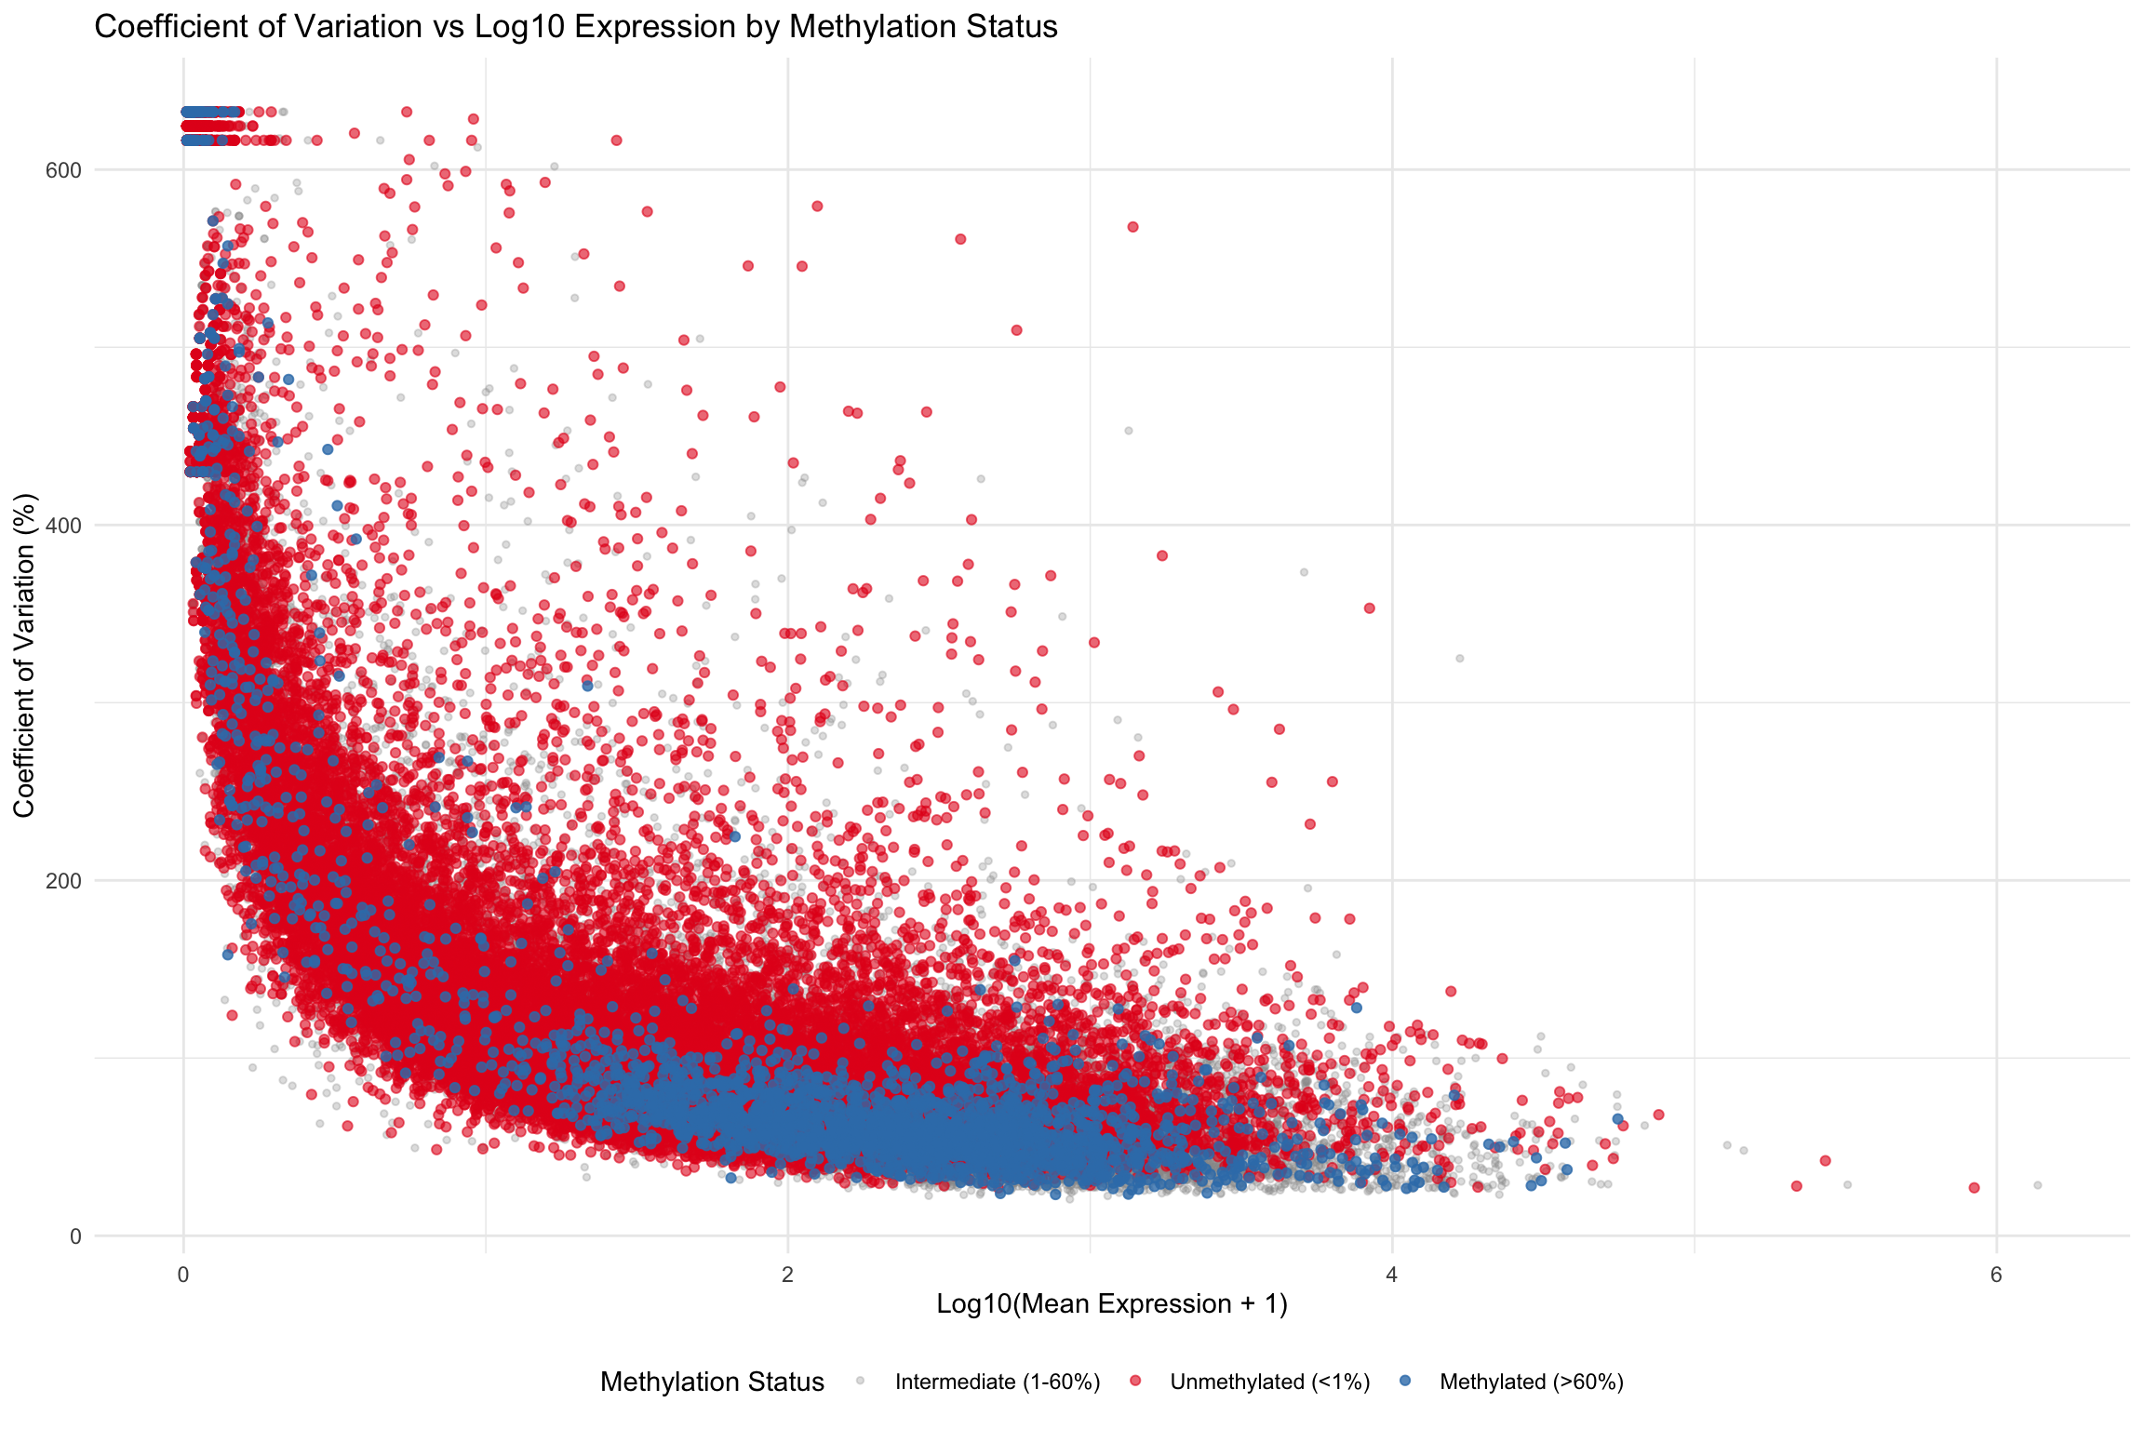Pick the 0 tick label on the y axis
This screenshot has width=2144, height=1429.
(x=75, y=1236)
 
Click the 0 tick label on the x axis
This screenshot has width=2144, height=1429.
(x=183, y=1275)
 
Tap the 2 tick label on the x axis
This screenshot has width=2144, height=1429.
(x=787, y=1275)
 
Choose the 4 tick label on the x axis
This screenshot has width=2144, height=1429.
(x=1392, y=1275)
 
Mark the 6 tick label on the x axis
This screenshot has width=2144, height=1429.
(x=1996, y=1275)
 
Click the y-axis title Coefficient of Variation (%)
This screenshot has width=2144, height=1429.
(x=25, y=656)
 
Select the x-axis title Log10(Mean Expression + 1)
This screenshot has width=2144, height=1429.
(x=1112, y=1304)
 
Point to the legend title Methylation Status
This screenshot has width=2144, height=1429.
(x=712, y=1382)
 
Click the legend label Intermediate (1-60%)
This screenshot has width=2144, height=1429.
(x=998, y=1382)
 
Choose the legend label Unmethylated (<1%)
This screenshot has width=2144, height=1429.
(x=1270, y=1382)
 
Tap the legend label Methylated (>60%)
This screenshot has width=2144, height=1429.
(x=1532, y=1382)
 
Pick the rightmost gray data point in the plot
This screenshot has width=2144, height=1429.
(x=2038, y=1185)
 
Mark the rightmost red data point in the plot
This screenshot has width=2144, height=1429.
(x=1975, y=1188)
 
